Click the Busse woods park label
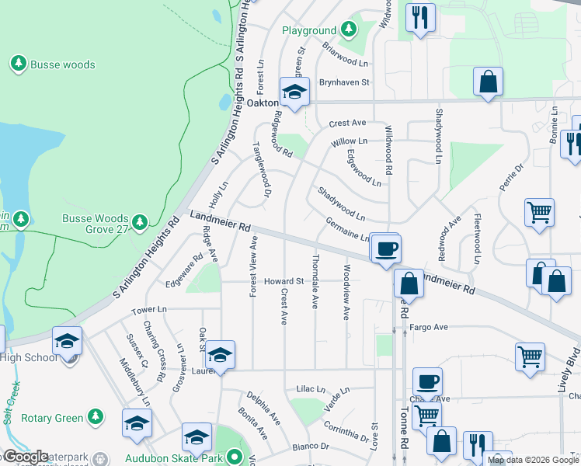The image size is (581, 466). tap(62, 64)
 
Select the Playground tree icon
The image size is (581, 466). tap(349, 30)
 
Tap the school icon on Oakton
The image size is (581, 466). tap(294, 92)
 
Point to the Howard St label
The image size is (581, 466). tap(283, 281)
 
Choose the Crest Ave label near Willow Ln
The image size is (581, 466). tap(346, 123)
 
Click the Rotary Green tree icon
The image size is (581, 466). tap(96, 417)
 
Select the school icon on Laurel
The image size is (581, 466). tap(221, 355)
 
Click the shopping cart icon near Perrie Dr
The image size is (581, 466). tap(539, 211)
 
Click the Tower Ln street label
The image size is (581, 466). tap(149, 310)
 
